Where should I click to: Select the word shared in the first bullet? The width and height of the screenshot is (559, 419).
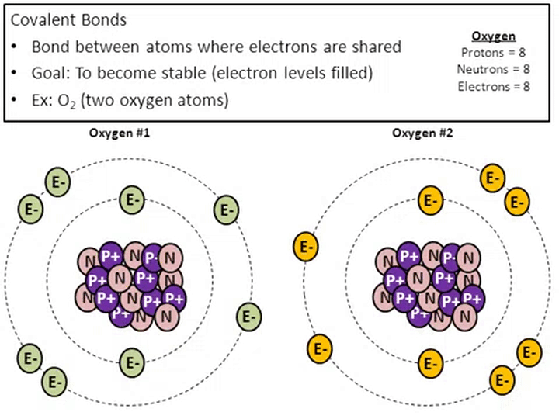click(x=373, y=47)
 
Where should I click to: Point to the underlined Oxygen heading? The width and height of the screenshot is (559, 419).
click(x=494, y=36)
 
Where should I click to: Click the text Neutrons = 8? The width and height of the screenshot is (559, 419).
click(x=494, y=69)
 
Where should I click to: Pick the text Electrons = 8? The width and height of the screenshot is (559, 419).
click(x=494, y=86)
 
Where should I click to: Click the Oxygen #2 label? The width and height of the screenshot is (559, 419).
click(x=422, y=133)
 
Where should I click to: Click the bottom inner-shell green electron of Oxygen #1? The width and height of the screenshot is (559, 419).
click(x=132, y=361)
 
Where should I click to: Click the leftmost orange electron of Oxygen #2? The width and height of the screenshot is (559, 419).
click(x=304, y=248)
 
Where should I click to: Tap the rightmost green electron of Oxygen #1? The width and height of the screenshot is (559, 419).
click(x=248, y=317)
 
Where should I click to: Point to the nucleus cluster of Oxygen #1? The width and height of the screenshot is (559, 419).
click(x=130, y=283)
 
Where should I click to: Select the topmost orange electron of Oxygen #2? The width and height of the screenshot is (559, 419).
click(x=491, y=178)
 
